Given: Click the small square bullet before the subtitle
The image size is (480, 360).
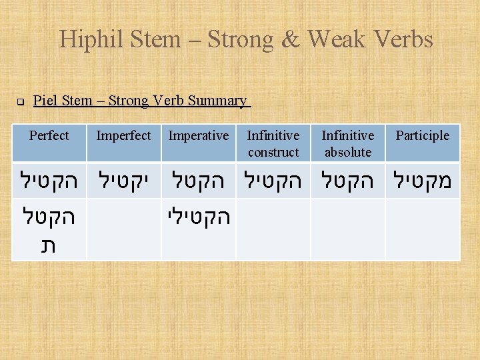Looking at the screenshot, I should [21, 102].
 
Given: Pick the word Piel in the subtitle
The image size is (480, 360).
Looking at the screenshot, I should [45, 101].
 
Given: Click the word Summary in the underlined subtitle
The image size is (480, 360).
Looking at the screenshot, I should [217, 101].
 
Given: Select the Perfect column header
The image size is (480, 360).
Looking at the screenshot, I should [49, 135].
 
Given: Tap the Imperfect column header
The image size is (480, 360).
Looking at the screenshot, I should [123, 135].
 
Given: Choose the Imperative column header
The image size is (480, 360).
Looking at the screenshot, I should [198, 135].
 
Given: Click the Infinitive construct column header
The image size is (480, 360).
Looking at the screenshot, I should [273, 143].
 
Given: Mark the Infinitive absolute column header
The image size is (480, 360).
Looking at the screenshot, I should [347, 143].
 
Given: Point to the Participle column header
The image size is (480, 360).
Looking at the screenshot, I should [422, 135].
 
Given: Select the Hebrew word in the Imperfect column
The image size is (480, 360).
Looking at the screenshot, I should [124, 181].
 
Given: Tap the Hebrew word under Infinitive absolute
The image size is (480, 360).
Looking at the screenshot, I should [348, 181].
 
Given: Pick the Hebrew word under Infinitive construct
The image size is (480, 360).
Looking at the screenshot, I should [273, 181].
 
